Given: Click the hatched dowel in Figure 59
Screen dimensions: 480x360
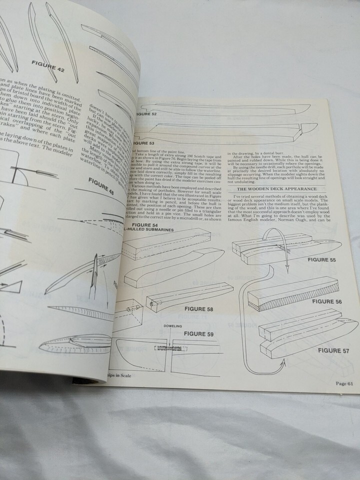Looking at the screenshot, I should (164, 347).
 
